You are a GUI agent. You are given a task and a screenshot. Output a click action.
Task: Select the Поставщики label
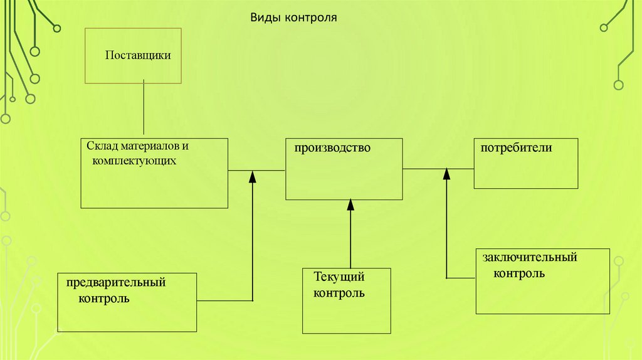[138, 55]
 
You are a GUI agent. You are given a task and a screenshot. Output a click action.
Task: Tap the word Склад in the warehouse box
[100, 146]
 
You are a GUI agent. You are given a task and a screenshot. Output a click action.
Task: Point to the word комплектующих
[132, 161]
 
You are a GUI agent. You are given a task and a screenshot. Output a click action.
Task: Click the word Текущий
[339, 277]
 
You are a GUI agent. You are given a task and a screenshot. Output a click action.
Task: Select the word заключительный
[530, 258]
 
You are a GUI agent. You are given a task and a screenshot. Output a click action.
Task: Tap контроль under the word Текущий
[339, 292]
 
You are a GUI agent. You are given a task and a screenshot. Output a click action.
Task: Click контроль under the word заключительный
[518, 273]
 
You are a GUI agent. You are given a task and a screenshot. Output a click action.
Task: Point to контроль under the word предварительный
[104, 298]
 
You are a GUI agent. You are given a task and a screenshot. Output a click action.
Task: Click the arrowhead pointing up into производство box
[350, 204]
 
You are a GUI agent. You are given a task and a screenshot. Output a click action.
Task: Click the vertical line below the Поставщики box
[144, 110]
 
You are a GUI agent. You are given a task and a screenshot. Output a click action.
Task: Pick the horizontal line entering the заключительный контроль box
[461, 278]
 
